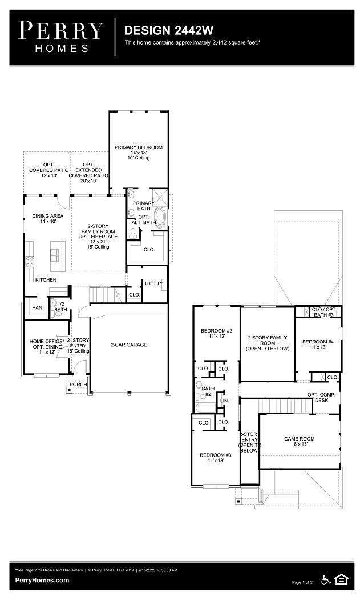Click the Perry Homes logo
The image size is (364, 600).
(x=61, y=37)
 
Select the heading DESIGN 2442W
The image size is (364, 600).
(x=161, y=30)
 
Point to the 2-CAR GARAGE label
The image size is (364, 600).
(x=128, y=345)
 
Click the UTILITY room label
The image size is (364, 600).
(x=153, y=283)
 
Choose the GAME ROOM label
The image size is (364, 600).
(x=299, y=441)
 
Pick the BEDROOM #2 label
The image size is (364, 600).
(x=216, y=334)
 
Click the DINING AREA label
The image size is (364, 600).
(x=47, y=218)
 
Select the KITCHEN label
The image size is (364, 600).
(x=46, y=280)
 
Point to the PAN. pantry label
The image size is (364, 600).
(x=38, y=307)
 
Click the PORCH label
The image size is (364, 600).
(x=78, y=385)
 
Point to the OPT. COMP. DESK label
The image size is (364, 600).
(x=322, y=398)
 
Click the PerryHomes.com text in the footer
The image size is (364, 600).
(x=42, y=580)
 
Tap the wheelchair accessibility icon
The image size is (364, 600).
(x=326, y=580)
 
